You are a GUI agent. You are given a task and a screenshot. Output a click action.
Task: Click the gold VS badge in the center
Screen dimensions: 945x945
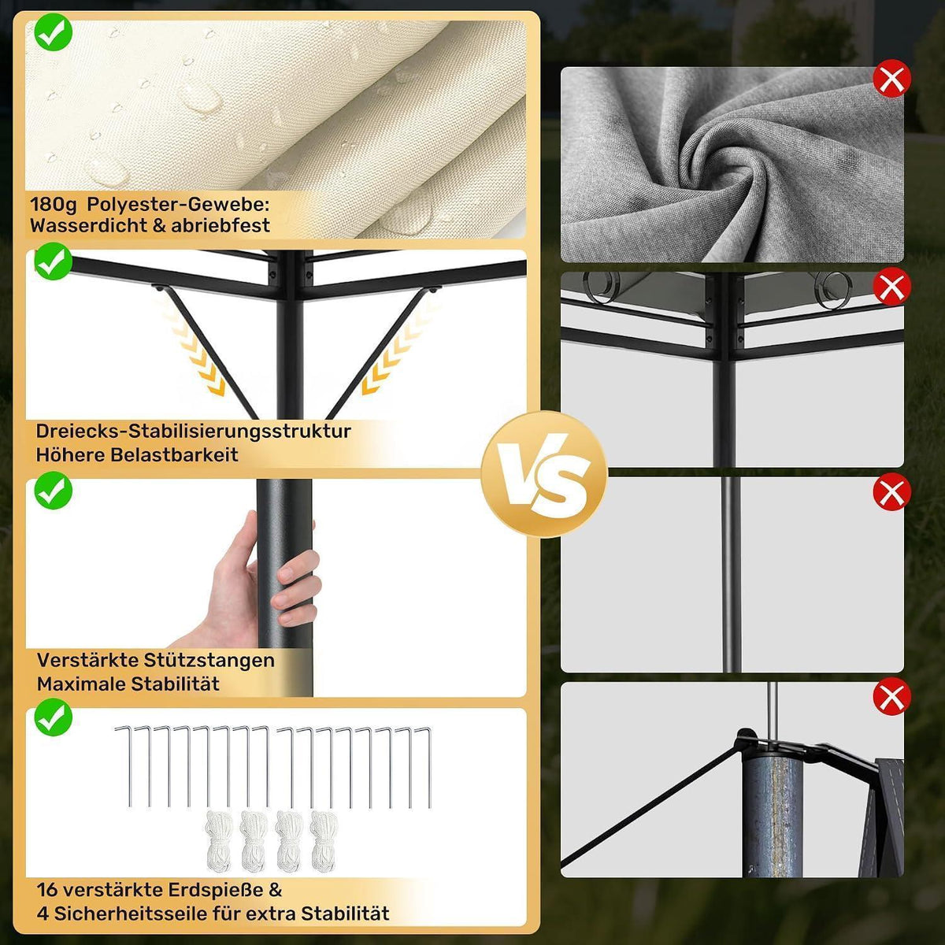click(x=544, y=475)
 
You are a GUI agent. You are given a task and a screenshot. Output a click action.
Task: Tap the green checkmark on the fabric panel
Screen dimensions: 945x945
click(x=54, y=31)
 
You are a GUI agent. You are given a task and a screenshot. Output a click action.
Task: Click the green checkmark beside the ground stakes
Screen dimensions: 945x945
click(x=54, y=717)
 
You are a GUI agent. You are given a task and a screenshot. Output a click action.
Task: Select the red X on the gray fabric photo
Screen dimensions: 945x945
click(x=891, y=78)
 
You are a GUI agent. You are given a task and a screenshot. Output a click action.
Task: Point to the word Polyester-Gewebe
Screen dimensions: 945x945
click(x=178, y=205)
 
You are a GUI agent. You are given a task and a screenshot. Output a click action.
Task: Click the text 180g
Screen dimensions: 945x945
click(x=54, y=205)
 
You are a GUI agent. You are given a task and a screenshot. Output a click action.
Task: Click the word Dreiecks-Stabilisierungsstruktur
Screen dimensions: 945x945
click(x=193, y=431)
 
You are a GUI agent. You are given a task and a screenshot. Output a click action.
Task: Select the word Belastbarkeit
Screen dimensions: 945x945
click(x=174, y=454)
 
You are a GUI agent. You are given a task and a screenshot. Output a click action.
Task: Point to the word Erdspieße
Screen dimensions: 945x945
click(x=216, y=890)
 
